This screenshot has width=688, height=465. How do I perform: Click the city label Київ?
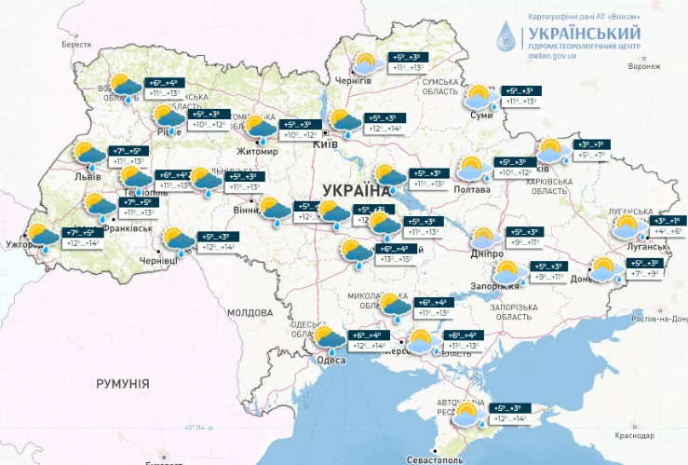point(325,145)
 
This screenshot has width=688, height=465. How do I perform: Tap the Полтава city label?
point(471,190)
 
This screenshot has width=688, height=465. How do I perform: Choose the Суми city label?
point(481,115)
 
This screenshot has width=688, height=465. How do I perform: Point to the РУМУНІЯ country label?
point(122,383)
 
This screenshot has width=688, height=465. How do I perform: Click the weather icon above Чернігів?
point(364,64)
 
